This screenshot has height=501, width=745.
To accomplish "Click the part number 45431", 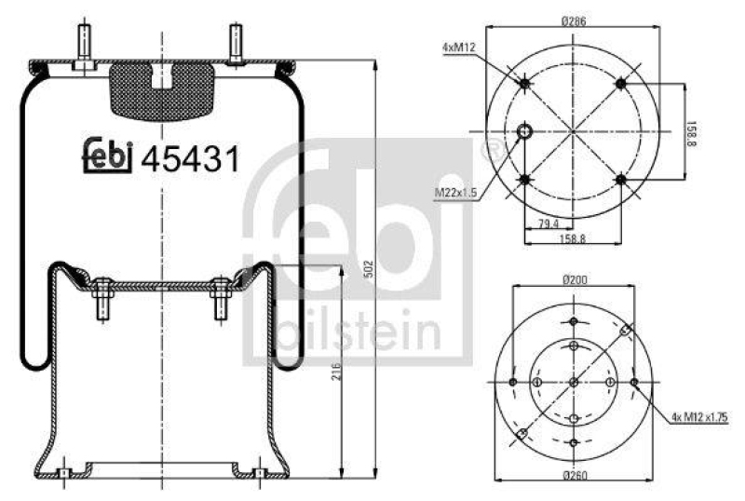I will [x=190, y=159].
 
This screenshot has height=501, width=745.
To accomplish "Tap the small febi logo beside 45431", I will [x=109, y=157].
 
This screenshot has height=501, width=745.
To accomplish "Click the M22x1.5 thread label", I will [x=455, y=193].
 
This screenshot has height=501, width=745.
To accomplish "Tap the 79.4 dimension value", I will [x=549, y=223].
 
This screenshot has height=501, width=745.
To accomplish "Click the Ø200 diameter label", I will [x=574, y=279].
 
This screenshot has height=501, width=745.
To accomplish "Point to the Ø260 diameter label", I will [x=574, y=478].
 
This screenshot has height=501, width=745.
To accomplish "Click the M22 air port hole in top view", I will [x=525, y=131].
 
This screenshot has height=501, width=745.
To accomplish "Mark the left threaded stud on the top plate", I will [x=83, y=47].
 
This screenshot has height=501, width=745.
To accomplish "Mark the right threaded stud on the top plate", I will [x=234, y=47].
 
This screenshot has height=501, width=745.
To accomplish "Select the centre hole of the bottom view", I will [x=574, y=383].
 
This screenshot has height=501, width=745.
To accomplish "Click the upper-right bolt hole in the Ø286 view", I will [x=621, y=84].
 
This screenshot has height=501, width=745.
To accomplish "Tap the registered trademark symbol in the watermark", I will [x=486, y=147].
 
